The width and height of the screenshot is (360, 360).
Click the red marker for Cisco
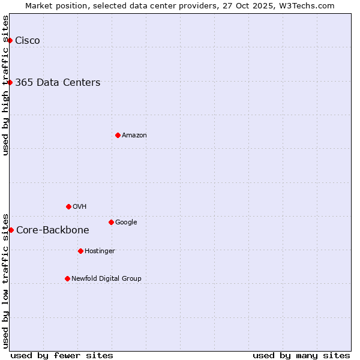(x=10, y=40)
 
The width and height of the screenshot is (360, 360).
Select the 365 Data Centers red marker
(x=10, y=82)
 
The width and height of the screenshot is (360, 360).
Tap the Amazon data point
(x=118, y=135)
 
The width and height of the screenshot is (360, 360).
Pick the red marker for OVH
(x=68, y=206)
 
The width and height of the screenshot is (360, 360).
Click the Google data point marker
(x=111, y=222)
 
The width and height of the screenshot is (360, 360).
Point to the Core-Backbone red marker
(x=11, y=230)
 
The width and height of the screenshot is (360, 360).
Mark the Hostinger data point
(x=80, y=251)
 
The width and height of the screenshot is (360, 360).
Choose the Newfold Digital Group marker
(x=67, y=278)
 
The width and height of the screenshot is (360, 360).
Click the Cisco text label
(x=28, y=41)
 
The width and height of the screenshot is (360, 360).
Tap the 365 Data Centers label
(x=58, y=83)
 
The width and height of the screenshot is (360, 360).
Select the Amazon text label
(x=134, y=136)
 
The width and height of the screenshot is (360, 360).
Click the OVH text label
(x=80, y=207)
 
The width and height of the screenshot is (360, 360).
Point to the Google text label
(x=126, y=223)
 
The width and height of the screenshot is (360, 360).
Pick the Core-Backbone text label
(x=53, y=230)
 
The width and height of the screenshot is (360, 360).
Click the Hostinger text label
(x=100, y=251)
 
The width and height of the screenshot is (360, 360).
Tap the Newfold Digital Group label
(x=106, y=279)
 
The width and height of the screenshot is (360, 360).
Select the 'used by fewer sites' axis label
(x=62, y=355)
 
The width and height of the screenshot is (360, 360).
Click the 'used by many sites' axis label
(x=301, y=355)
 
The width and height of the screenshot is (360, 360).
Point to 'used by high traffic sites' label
(x=5, y=85)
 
